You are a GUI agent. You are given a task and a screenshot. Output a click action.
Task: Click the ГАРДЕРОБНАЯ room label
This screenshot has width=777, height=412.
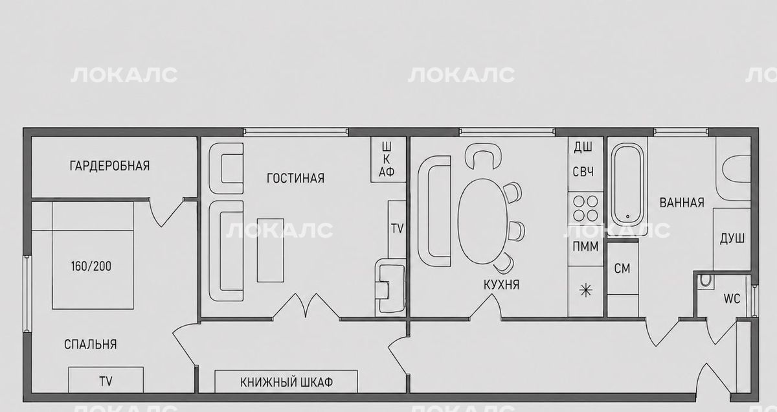point(109,166)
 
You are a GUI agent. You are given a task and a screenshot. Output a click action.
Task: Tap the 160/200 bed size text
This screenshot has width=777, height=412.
point(91,266)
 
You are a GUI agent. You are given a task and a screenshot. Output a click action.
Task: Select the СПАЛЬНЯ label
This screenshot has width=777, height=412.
point(91,345)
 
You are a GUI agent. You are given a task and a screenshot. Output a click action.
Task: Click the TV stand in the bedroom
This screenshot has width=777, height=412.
point(106,380)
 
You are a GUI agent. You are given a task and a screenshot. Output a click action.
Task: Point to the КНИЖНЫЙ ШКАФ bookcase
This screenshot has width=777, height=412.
point(286,382)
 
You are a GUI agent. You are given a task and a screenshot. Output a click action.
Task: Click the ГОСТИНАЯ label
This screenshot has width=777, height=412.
point(295,178)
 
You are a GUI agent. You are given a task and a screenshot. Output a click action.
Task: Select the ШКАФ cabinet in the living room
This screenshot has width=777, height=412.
point(388,159)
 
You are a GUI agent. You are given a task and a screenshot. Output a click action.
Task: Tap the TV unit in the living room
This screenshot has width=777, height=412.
point(397,229)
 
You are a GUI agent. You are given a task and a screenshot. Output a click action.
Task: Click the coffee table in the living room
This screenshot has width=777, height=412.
point(270,250)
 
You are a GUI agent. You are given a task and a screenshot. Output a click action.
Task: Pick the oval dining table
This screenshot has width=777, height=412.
point(483,222)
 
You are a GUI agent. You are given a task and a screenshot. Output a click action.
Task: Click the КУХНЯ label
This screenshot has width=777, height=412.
point(502,285)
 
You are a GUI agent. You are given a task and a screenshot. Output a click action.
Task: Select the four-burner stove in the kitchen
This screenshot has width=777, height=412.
point(585,208)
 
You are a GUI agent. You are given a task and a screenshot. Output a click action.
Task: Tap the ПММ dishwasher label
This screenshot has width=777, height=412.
point(585,246)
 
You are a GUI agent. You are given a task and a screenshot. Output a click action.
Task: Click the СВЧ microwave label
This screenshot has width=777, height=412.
point(583,172)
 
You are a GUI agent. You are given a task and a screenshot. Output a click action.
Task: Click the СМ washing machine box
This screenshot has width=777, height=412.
point(623,268)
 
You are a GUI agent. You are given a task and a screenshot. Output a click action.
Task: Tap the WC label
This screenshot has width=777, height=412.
point(732,299)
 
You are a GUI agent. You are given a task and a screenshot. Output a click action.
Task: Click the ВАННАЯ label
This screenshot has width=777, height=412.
point(682,202)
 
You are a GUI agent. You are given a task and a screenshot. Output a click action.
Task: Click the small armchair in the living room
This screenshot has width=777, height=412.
point(226,168)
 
